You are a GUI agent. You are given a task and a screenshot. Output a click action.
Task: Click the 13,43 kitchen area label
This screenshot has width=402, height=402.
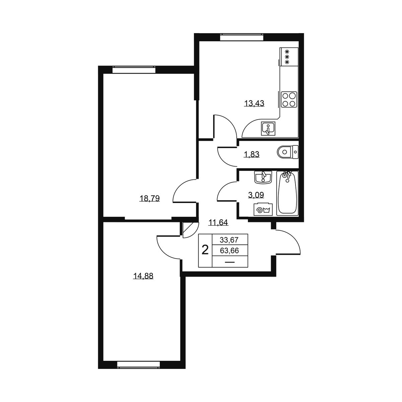254,103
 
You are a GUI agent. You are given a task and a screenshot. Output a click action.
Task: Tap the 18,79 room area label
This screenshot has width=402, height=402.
149,198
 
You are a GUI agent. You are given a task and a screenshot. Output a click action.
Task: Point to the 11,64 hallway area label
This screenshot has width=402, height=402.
218,222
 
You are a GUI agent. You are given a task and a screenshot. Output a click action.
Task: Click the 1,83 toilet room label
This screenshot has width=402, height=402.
252,154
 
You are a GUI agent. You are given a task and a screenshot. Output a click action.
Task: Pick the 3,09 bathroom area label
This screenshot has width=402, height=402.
256,195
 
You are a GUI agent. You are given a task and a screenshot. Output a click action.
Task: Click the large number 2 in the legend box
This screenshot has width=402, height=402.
205,250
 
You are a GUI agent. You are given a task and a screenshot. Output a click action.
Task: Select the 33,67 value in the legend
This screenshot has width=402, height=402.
229,240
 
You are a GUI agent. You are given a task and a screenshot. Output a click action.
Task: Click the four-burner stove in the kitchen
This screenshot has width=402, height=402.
289,99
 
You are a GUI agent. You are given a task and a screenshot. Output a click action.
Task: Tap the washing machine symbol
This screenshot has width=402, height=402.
263,209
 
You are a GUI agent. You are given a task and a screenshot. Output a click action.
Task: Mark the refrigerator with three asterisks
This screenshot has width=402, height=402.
289,57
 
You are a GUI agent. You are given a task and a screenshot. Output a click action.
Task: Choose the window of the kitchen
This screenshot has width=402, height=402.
242,38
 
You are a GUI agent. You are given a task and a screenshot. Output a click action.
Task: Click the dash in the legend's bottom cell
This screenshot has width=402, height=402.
230,262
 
